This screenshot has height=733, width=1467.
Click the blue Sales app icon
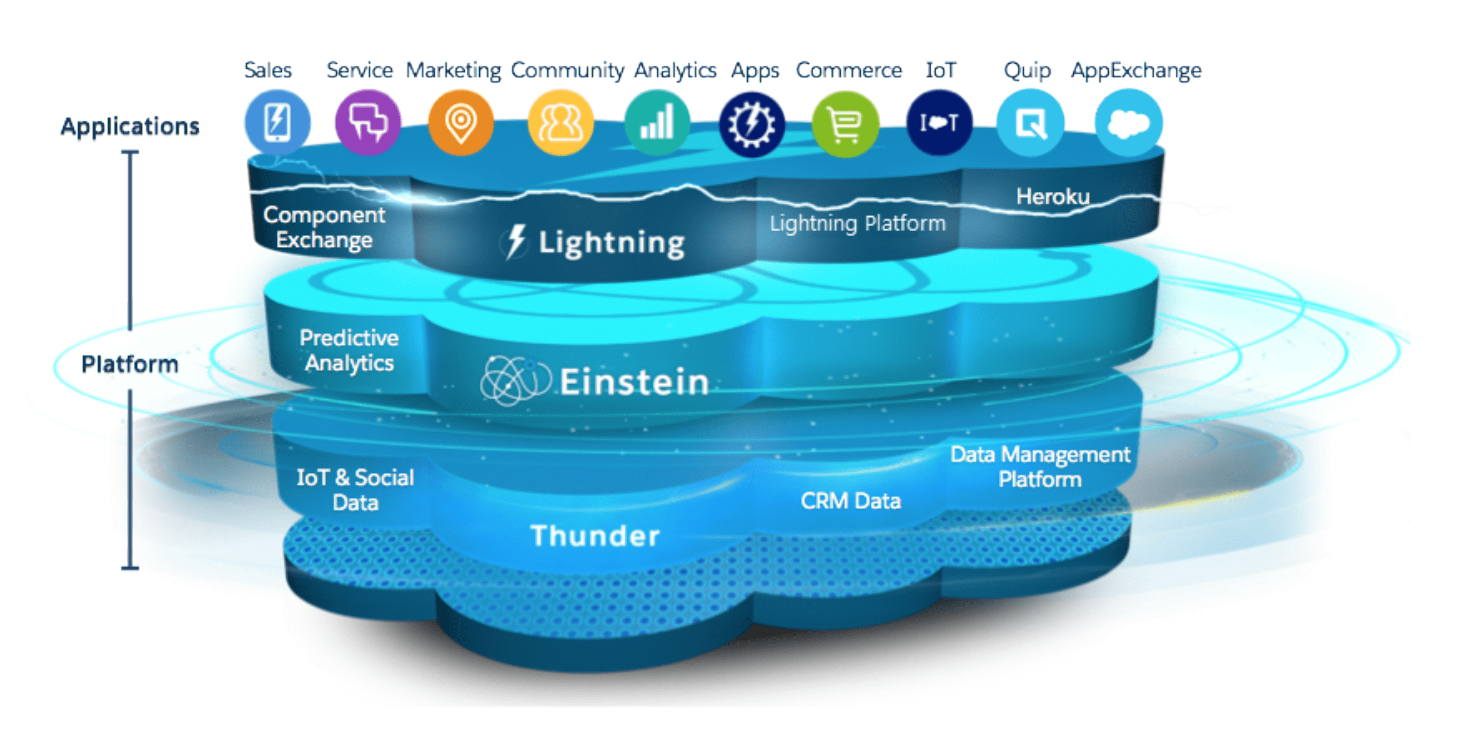[277, 123]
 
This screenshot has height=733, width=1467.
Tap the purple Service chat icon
[368, 123]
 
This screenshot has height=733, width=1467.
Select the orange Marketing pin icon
[461, 123]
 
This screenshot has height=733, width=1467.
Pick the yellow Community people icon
[560, 123]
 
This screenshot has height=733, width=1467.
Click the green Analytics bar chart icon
[657, 123]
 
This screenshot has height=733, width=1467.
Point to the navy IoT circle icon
[939, 123]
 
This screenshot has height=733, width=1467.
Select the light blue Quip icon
[1030, 123]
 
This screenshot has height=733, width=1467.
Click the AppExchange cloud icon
[1129, 123]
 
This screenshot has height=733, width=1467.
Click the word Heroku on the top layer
[1053, 196]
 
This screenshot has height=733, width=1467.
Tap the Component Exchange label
[324, 227]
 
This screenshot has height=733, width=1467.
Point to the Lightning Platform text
[857, 223]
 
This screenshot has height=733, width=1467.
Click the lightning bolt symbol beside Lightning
[516, 241]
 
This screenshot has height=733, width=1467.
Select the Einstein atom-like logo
[515, 380]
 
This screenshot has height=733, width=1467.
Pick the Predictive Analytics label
[349, 350]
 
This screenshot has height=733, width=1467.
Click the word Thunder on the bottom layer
[595, 536]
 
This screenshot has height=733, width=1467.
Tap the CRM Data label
[850, 501]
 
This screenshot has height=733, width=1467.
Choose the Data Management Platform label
[1040, 467]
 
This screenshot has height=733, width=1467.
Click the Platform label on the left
[130, 364]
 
